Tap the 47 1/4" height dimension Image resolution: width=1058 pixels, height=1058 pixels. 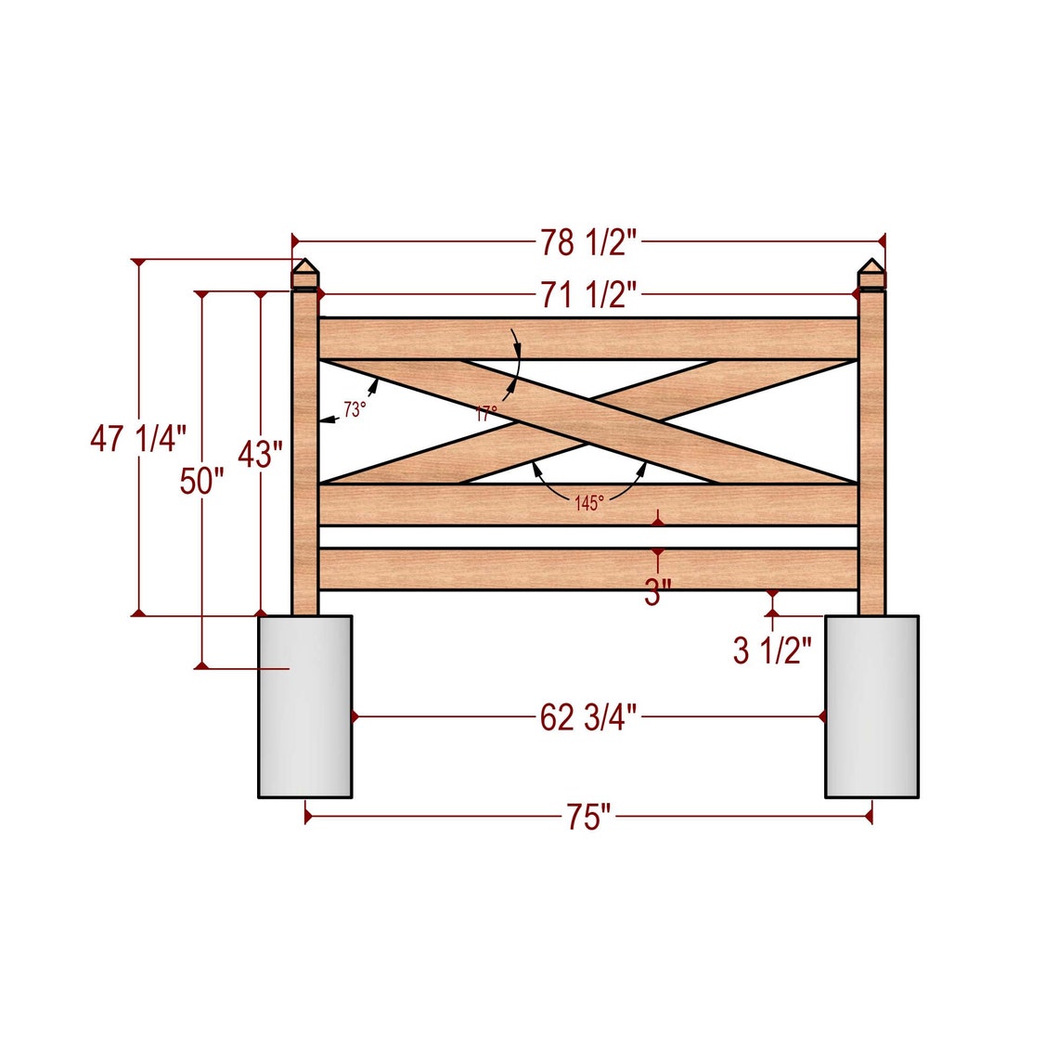(x=138, y=438)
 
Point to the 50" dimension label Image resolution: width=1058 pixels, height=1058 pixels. (x=201, y=482)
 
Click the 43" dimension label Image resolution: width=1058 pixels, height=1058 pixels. (x=260, y=455)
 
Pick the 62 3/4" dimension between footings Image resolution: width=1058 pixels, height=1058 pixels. (x=588, y=717)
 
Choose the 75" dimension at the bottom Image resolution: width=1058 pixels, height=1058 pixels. (x=588, y=818)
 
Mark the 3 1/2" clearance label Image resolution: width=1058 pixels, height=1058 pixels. (x=772, y=651)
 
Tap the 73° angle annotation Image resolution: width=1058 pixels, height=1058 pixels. (x=355, y=409)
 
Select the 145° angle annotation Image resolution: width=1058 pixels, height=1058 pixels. (x=588, y=503)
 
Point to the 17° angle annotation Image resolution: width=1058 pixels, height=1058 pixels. (x=486, y=414)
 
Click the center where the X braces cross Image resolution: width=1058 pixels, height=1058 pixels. (x=588, y=421)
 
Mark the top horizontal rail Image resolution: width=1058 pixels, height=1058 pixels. (x=588, y=339)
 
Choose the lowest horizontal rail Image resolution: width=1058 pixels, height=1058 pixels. (x=588, y=569)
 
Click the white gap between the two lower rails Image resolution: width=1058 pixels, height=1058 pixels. (x=588, y=537)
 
